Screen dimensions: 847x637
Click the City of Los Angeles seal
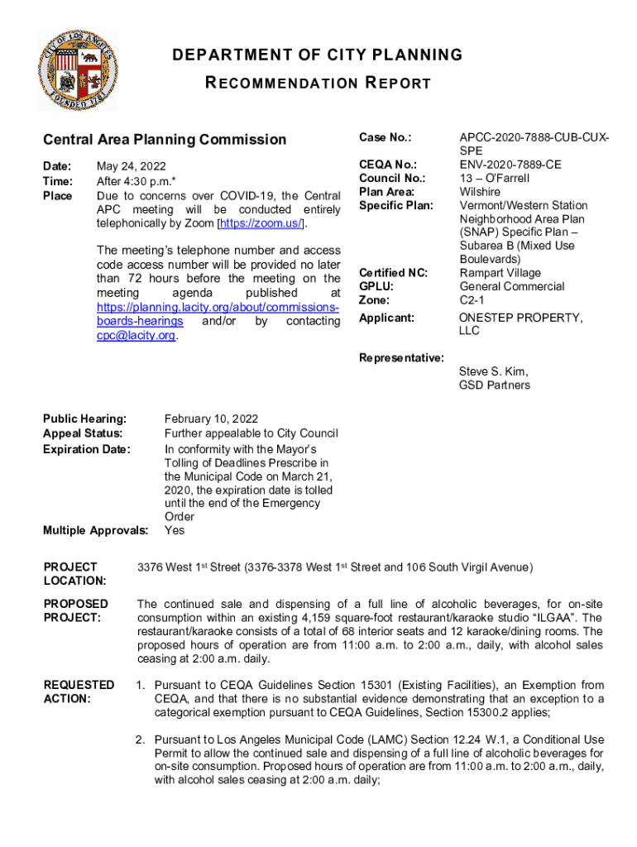(x=78, y=71)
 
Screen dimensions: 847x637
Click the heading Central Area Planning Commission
(x=165, y=140)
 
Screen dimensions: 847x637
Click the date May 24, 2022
(x=131, y=166)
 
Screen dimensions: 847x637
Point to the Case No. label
(x=385, y=137)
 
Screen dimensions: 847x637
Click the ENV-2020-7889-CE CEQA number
(x=510, y=165)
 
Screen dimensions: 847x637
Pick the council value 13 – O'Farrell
(x=494, y=178)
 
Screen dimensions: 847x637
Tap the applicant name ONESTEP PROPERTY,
(x=520, y=318)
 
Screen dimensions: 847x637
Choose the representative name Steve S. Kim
(x=494, y=371)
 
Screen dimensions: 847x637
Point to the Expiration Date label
(x=86, y=449)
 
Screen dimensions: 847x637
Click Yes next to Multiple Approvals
(x=175, y=530)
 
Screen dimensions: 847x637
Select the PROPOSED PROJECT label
(x=76, y=610)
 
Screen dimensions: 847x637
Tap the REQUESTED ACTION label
(x=79, y=691)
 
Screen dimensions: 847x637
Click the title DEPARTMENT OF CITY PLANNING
(x=317, y=55)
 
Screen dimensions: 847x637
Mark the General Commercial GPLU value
(x=511, y=286)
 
